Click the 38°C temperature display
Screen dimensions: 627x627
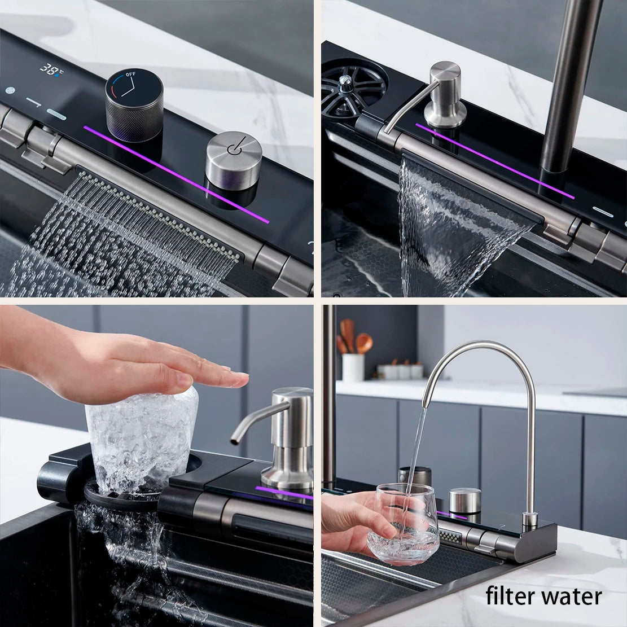click(52, 69)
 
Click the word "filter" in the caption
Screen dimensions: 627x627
click(511, 596)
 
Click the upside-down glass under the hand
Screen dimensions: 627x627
click(141, 437)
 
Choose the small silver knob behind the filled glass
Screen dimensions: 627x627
click(465, 501)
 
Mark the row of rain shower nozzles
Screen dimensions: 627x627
click(158, 214)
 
